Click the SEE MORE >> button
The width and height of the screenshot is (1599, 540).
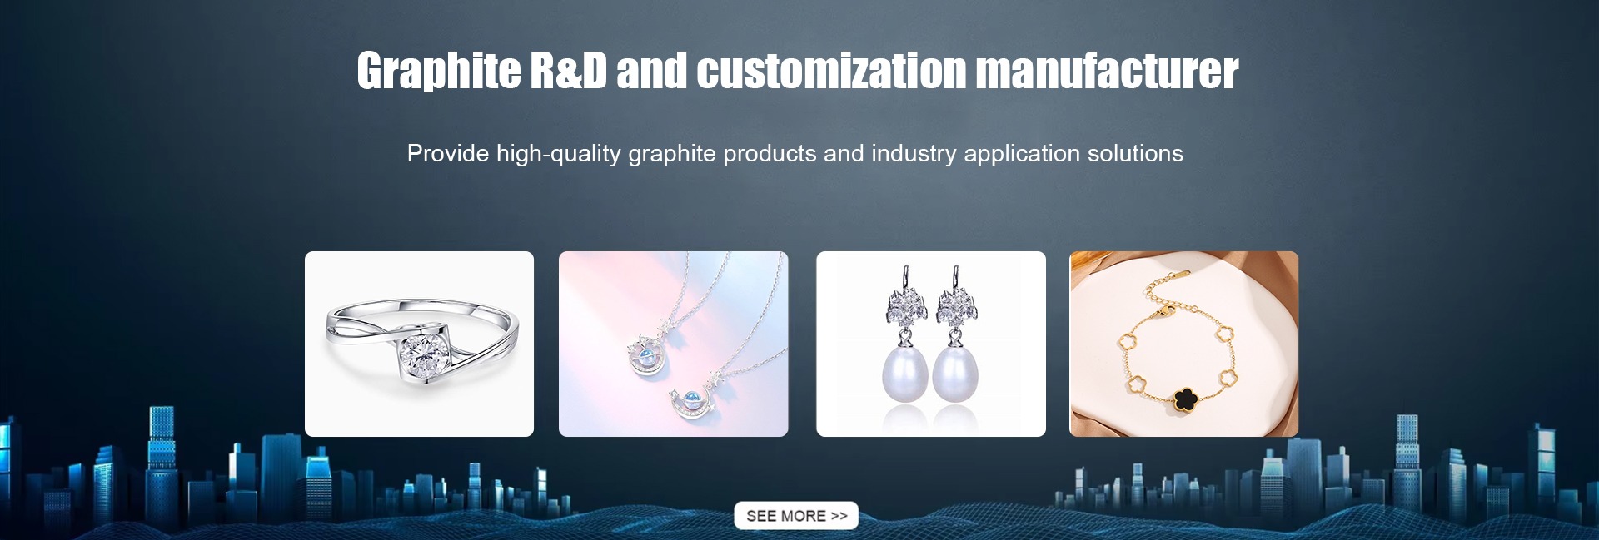(x=795, y=516)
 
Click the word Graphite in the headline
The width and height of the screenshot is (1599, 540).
(x=439, y=71)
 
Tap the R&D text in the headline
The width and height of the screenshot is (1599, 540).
(x=569, y=71)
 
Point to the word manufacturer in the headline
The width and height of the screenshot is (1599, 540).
(x=1108, y=71)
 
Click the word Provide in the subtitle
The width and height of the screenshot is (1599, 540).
(x=448, y=153)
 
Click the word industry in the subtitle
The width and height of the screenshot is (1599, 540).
(x=914, y=154)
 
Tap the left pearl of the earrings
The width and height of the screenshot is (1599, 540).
(x=904, y=374)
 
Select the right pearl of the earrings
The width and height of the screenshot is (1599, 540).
(x=955, y=374)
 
